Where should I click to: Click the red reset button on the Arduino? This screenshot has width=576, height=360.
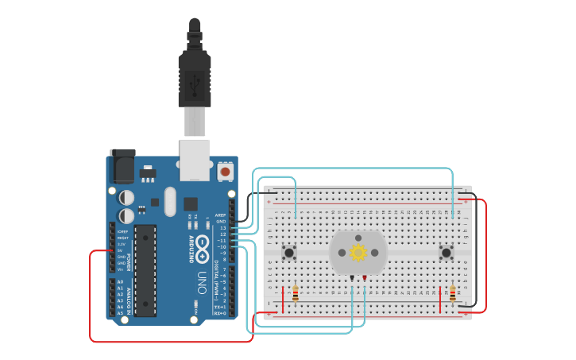(x=225, y=171)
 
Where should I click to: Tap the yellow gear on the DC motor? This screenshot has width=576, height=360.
(x=358, y=253)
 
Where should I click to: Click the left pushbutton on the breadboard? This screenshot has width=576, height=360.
(x=289, y=253)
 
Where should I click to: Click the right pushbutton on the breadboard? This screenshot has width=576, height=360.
(x=446, y=253)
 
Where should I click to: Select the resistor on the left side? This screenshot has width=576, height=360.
(x=296, y=294)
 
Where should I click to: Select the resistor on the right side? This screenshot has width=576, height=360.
(x=453, y=294)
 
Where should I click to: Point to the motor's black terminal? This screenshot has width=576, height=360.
(x=351, y=278)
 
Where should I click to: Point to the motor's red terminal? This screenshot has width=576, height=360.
(x=365, y=278)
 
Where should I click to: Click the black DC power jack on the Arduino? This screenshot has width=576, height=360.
(x=122, y=165)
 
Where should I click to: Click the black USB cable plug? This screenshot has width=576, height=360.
(x=195, y=75)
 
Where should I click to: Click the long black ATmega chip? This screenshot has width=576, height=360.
(x=145, y=270)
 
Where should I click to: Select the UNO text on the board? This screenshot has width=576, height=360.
(x=202, y=283)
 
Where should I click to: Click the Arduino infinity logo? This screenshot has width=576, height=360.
(x=203, y=247)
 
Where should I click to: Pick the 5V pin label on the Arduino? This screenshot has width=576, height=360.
(x=120, y=250)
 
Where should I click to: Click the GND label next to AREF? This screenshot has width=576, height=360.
(x=221, y=221)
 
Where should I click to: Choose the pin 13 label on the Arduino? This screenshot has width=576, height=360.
(x=222, y=228)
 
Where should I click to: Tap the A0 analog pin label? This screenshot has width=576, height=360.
(x=120, y=282)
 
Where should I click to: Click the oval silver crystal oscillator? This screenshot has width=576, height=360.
(x=170, y=202)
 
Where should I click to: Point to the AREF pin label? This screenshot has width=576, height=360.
(x=220, y=215)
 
